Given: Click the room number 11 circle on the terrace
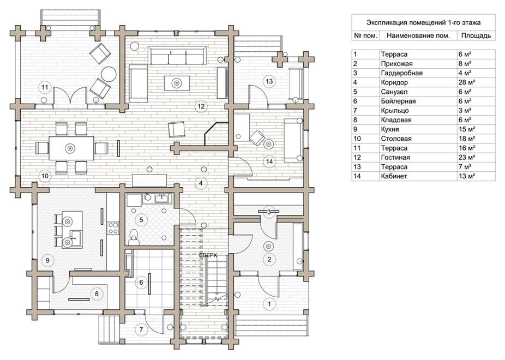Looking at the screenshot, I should (45, 87).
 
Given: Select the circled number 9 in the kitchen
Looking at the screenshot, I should (47, 260).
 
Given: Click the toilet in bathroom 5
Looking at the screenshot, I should (134, 236).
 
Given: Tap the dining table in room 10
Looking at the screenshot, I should (70, 148).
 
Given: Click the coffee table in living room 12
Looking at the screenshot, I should (177, 83).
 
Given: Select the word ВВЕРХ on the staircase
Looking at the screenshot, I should (208, 255).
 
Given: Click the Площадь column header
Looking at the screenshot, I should (476, 36).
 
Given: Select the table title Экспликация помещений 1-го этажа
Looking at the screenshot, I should (423, 22).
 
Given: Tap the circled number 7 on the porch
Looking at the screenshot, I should (140, 329).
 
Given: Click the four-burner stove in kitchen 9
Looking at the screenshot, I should (113, 227).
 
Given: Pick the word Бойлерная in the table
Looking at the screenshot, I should (398, 101).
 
